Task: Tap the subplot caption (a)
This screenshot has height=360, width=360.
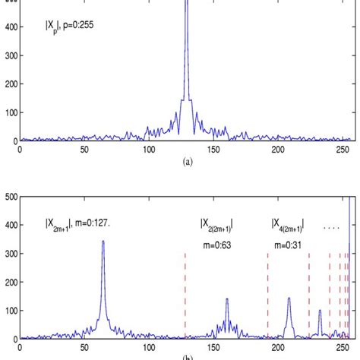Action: point(185,161)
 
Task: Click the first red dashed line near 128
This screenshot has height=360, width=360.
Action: point(185,296)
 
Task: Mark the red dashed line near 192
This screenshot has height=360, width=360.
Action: point(267,296)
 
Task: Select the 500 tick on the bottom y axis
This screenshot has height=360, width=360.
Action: point(10,197)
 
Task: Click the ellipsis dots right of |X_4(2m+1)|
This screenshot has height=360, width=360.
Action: point(330,226)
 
